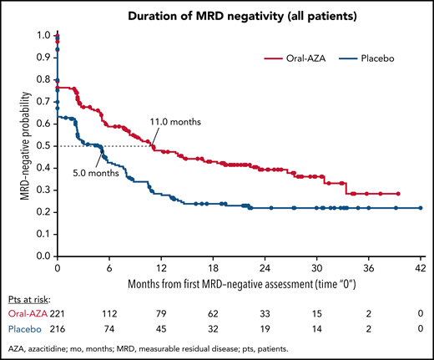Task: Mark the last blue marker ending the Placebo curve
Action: tap(420, 208)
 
